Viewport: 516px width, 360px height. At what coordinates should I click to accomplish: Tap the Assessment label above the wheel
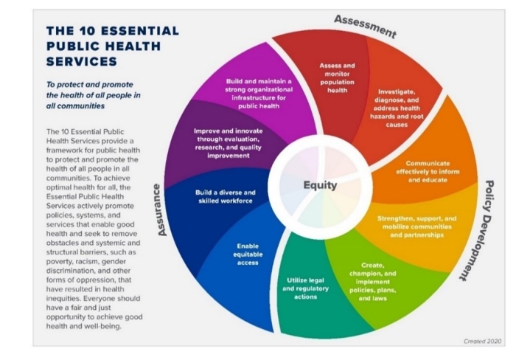point(365,26)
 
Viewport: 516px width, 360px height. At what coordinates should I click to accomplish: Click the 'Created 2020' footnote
point(482,341)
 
